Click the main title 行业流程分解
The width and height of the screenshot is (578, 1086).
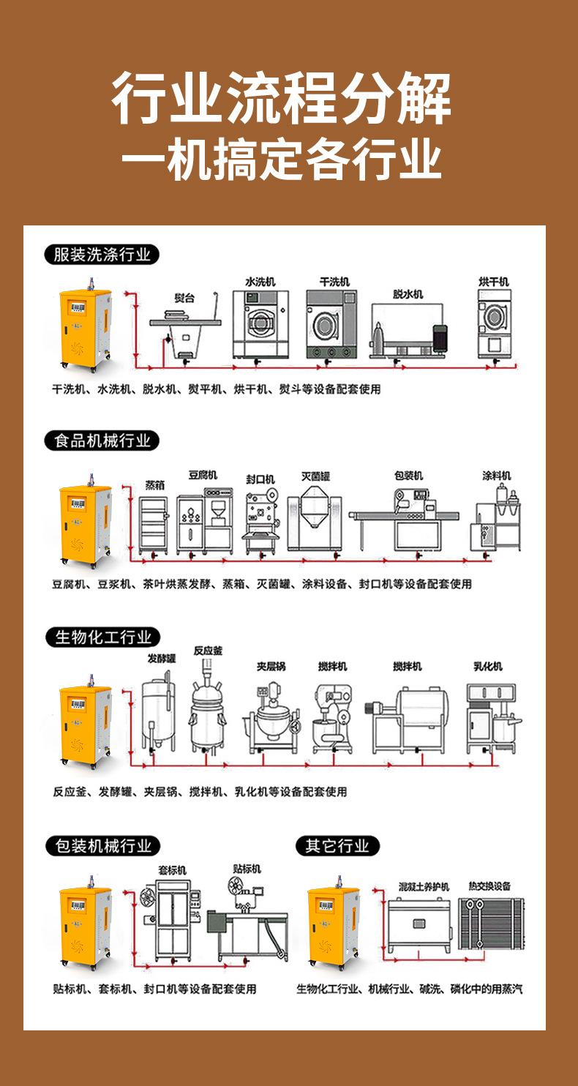tap(282, 100)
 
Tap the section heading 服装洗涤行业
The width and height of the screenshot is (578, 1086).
tap(102, 255)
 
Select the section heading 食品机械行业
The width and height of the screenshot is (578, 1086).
tap(102, 441)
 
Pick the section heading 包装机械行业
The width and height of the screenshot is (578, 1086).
tap(102, 846)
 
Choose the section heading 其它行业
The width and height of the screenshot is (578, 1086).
tap(337, 846)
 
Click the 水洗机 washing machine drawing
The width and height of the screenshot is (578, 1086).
tap(260, 323)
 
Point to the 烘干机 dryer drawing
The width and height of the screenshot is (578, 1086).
tap(493, 325)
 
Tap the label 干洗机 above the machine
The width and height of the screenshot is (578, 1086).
tap(334, 282)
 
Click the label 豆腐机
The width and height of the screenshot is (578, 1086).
tap(203, 475)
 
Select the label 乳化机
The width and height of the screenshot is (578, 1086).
tap(487, 667)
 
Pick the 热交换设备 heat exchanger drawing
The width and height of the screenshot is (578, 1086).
tap(489, 926)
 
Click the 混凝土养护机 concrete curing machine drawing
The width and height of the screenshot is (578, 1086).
tap(417, 925)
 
